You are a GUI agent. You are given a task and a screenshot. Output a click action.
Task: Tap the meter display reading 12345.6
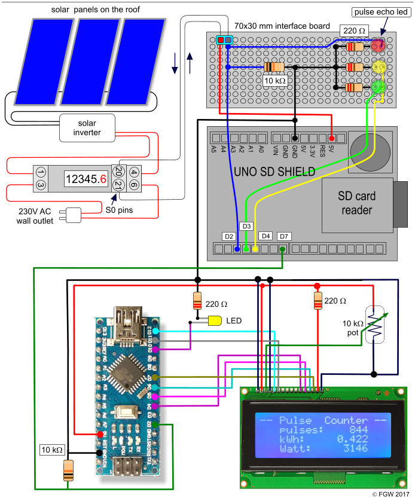[87, 178]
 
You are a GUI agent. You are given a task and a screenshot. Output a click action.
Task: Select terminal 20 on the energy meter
[119, 172]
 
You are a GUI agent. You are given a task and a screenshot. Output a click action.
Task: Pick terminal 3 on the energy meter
[41, 186]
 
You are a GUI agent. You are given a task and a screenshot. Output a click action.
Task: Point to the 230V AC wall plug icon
[73, 215]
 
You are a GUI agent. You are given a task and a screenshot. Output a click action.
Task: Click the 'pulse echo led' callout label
[380, 12]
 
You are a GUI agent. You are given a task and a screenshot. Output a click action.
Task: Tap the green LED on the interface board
[377, 88]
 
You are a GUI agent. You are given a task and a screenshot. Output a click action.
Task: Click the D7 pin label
[283, 236]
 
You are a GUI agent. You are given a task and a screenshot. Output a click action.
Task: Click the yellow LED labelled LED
[215, 320]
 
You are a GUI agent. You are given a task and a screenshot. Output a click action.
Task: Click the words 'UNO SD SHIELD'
[274, 172]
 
